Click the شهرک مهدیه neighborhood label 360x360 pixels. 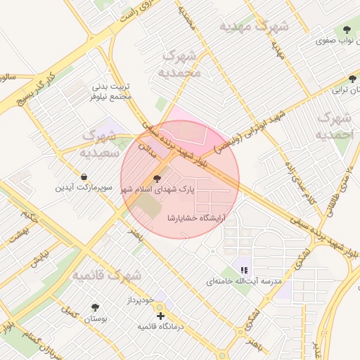254,26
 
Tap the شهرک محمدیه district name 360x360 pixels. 181,63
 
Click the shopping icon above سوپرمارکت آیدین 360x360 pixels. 84,176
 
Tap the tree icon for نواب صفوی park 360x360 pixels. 346,30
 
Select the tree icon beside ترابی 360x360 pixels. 353,79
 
